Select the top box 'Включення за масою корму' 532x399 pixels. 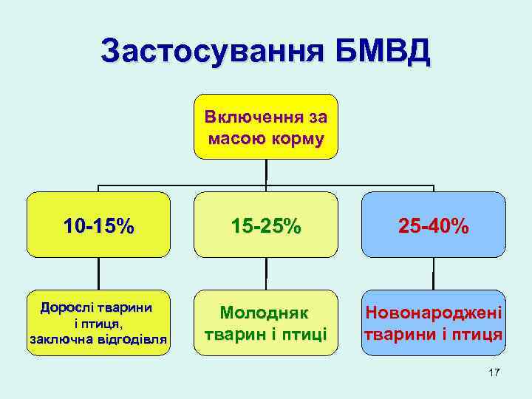click(x=266, y=126)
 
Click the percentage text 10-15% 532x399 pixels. click(x=99, y=225)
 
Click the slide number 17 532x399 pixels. click(x=494, y=373)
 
